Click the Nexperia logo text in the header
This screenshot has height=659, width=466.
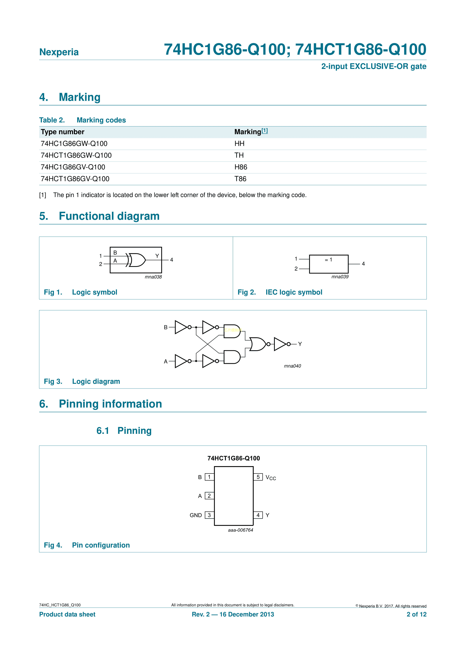tap(59, 52)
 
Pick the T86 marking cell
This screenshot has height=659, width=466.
tap(240, 179)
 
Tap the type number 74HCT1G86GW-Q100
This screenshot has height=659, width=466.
tap(76, 155)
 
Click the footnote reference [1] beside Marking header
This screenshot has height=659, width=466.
tap(264, 131)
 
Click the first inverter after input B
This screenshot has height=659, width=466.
tap(181, 327)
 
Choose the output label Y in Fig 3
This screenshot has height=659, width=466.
tap(300, 344)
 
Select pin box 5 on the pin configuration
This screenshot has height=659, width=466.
tap(258, 477)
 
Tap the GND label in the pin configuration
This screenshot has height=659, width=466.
tap(196, 515)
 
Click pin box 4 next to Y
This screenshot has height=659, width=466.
tap(258, 515)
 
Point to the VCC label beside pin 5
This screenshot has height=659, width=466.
tap(270, 478)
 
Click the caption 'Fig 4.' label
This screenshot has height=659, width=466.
tap(53, 545)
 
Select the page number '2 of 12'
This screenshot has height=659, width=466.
tap(416, 614)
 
